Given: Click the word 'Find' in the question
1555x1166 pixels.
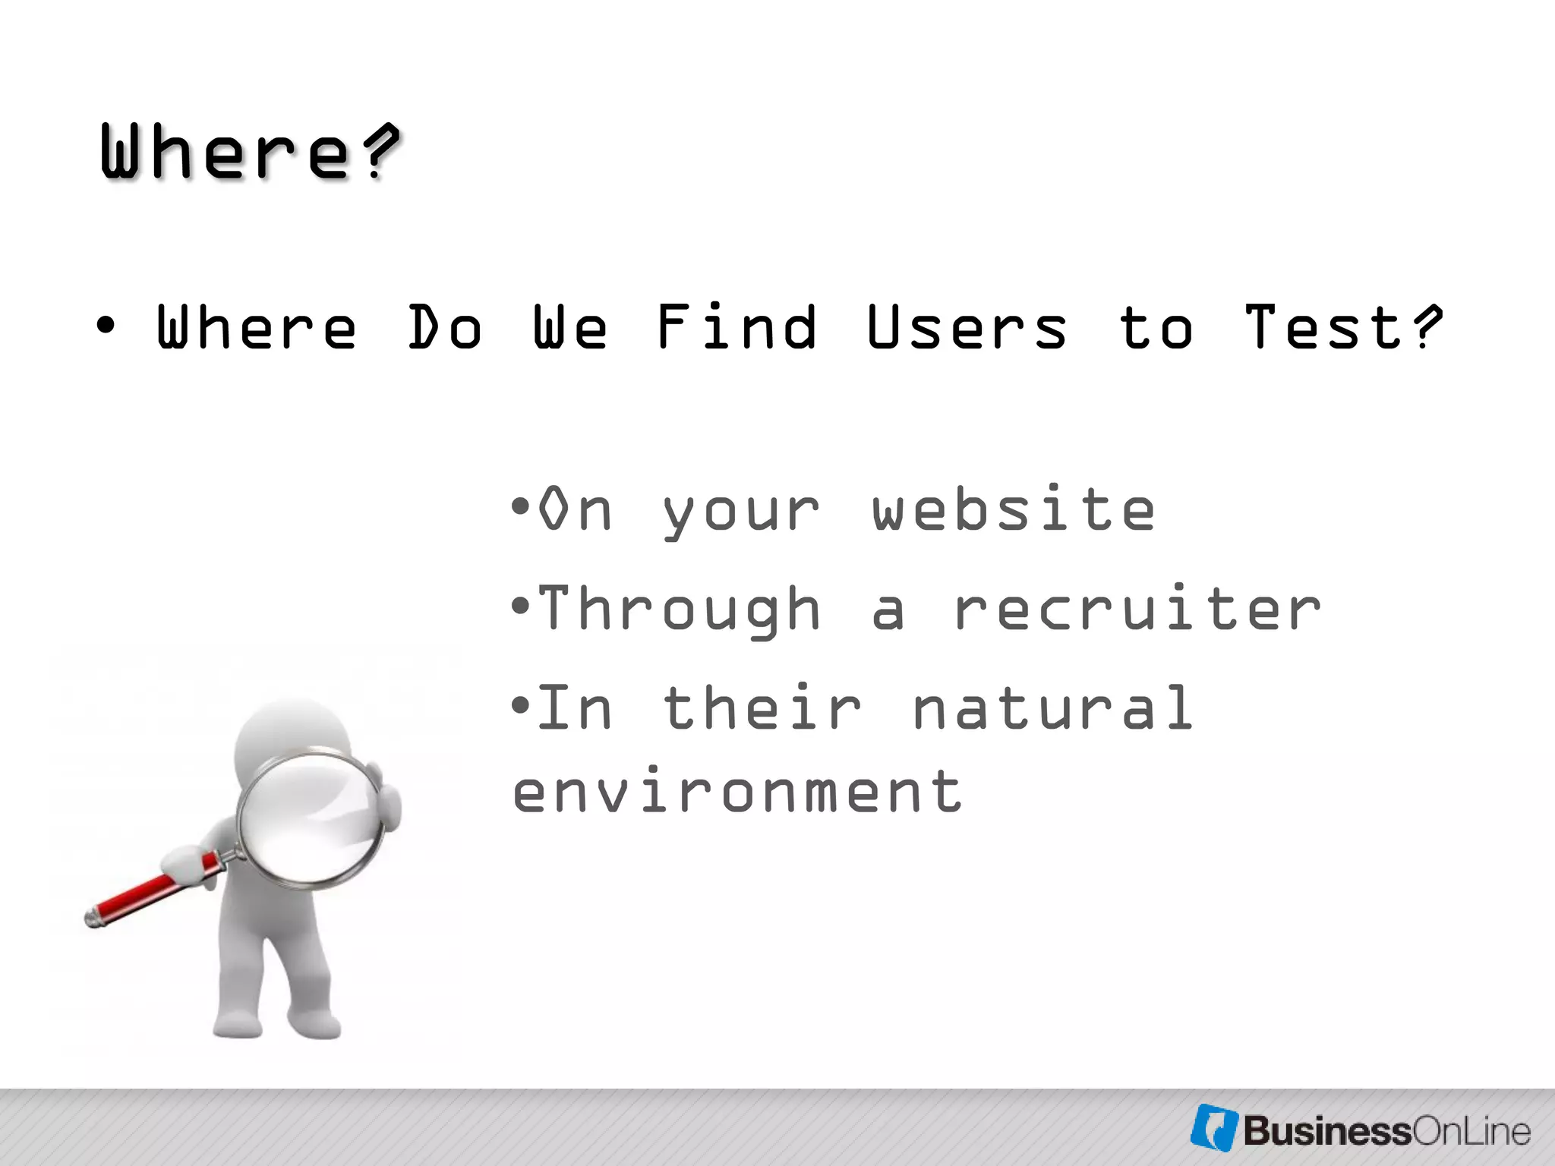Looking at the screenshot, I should pyautogui.click(x=736, y=328).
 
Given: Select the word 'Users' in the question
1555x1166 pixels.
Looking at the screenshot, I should pyautogui.click(x=967, y=328).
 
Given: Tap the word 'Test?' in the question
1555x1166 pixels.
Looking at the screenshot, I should pyautogui.click(x=1342, y=328).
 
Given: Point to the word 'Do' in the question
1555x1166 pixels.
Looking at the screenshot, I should pyautogui.click(x=445, y=328).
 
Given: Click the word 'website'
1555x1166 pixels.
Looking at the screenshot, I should pyautogui.click(x=1014, y=509).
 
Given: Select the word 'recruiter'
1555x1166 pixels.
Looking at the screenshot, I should pyautogui.click(x=1137, y=609).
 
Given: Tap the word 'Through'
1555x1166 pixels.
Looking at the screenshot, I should pyautogui.click(x=680, y=610).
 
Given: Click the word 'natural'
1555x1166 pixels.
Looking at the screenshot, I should pyautogui.click(x=1052, y=708).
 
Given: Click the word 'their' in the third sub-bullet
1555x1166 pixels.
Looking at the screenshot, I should pyautogui.click(x=762, y=708).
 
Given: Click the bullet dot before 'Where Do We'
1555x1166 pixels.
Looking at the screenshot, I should pyautogui.click(x=106, y=326).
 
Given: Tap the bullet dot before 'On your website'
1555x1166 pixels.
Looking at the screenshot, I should pyautogui.click(x=520, y=506).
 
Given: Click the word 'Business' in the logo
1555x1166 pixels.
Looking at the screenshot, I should pyautogui.click(x=1326, y=1131).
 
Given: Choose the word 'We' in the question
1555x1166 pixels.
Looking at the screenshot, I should pyautogui.click(x=570, y=328).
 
